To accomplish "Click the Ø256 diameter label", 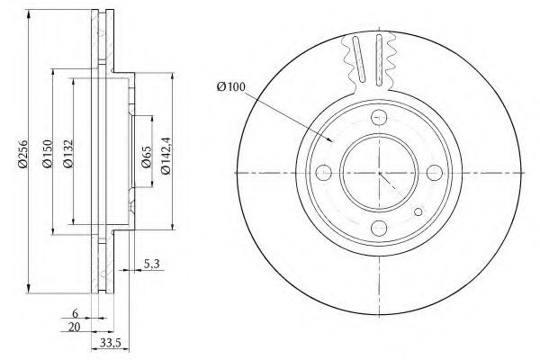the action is click(x=22, y=154).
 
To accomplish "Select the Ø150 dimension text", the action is click(x=47, y=154).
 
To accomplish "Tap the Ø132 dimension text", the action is click(x=68, y=154).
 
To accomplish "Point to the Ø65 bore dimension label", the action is click(x=147, y=157).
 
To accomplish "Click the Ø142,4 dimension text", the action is click(x=166, y=156).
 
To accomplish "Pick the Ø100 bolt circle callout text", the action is click(x=231, y=86).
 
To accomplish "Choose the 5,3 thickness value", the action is click(x=151, y=265).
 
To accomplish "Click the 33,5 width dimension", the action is click(x=110, y=343).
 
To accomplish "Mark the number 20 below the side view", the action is click(x=74, y=327).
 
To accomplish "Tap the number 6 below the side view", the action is click(x=75, y=313).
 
